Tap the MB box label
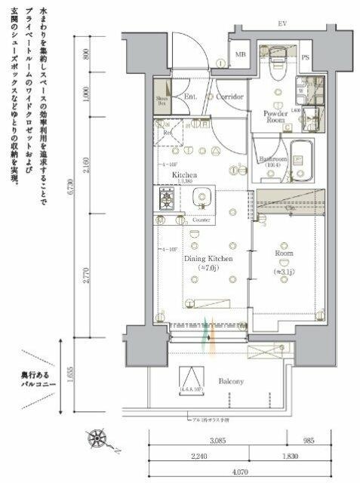pyautogui.click(x=241, y=54)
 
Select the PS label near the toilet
pyautogui.click(x=306, y=57)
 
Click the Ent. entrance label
pyautogui.click(x=191, y=97)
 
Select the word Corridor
pyautogui.click(x=229, y=97)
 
